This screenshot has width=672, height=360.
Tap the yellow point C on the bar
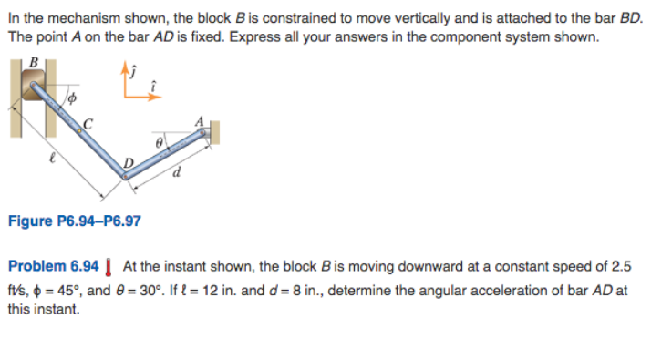point(79,129)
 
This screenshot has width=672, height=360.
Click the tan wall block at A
point(212,134)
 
